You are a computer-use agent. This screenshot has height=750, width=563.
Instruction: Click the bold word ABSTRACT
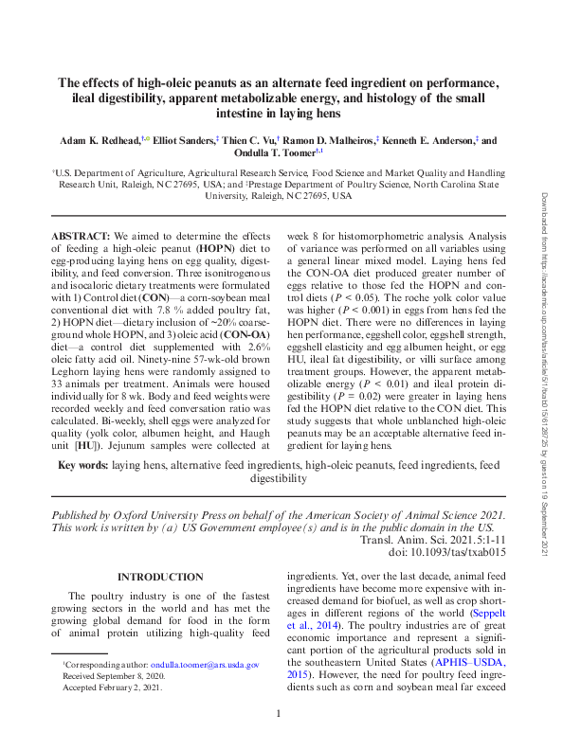pyautogui.click(x=79, y=234)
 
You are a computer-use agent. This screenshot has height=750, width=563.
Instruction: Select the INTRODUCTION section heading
pyautogui.click(x=159, y=577)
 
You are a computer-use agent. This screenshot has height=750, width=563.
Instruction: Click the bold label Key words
pyautogui.click(x=83, y=466)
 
